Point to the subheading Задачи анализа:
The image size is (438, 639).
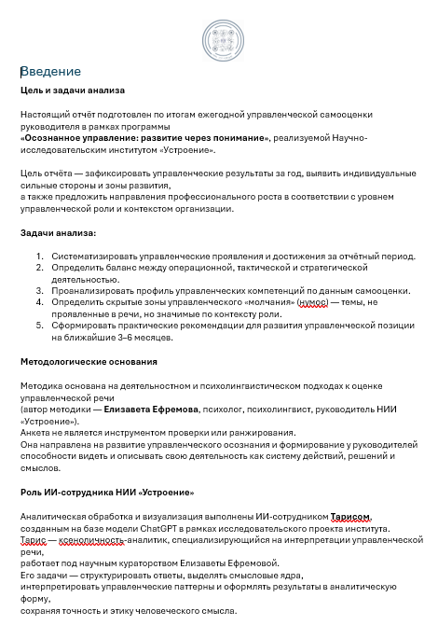(58, 232)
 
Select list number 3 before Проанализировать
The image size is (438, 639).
(40, 290)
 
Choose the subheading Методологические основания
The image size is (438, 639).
(89, 361)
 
